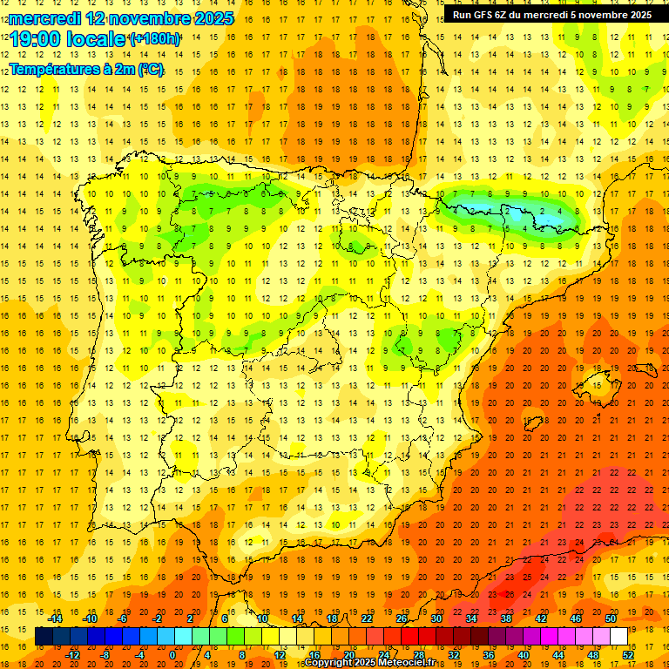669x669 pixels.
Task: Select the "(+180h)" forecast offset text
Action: point(155,39)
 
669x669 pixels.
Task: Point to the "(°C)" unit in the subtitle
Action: point(149,70)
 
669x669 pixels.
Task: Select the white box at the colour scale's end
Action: point(618,637)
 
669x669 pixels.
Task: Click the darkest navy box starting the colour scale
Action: point(44,637)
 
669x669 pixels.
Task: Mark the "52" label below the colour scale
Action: point(627,655)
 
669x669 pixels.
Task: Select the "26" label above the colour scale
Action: point(402,618)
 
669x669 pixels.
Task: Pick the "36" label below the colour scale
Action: point(488,655)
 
